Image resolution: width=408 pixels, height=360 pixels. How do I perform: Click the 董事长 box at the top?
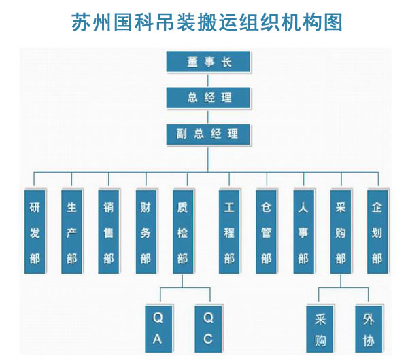coord(209,62)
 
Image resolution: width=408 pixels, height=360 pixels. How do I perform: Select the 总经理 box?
coord(209,97)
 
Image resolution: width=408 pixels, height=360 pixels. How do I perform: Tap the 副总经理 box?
coord(209,132)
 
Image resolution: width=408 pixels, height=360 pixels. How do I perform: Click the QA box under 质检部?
coord(158,327)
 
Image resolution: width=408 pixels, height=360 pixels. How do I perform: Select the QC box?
coord(208,327)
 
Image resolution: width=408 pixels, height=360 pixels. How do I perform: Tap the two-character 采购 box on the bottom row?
coord(320,327)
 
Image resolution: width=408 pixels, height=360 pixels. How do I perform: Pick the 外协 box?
coord(368,327)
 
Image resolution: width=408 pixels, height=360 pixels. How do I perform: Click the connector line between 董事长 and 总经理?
coord(209,79)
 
